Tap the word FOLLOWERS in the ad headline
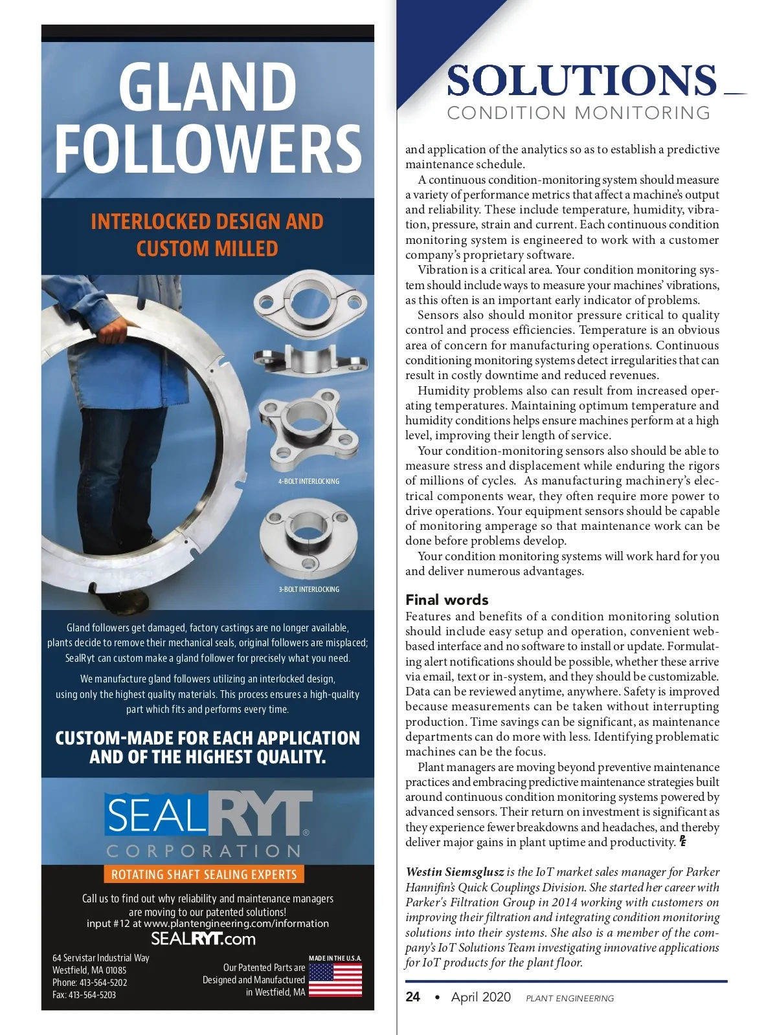(207, 148)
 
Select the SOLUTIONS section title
(581, 80)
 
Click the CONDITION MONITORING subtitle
(578, 113)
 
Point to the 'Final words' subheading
(447, 600)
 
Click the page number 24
(412, 997)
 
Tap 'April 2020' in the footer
(480, 997)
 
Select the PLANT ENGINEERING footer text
(570, 998)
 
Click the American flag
(335, 980)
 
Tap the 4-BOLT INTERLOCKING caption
(309, 481)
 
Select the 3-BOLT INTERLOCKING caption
(309, 589)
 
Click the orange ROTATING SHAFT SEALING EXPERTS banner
(203, 875)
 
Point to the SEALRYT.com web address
(203, 939)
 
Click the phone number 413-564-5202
(103, 982)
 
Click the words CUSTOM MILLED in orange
(207, 248)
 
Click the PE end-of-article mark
(682, 842)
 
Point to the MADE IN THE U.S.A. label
(335, 958)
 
